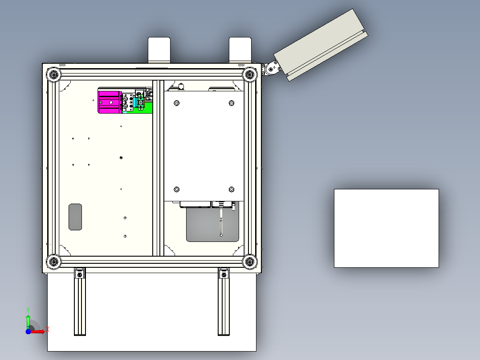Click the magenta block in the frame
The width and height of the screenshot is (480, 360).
(109, 102)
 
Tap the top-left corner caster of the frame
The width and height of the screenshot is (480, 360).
(53, 74)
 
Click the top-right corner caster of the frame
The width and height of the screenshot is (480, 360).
(250, 74)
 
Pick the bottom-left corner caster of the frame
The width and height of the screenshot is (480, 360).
(53, 262)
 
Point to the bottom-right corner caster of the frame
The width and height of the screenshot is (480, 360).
(250, 262)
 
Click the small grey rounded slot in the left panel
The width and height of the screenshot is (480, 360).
(75, 217)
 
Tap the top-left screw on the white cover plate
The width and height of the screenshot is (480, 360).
(177, 103)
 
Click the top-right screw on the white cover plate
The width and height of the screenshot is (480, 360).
(232, 103)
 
